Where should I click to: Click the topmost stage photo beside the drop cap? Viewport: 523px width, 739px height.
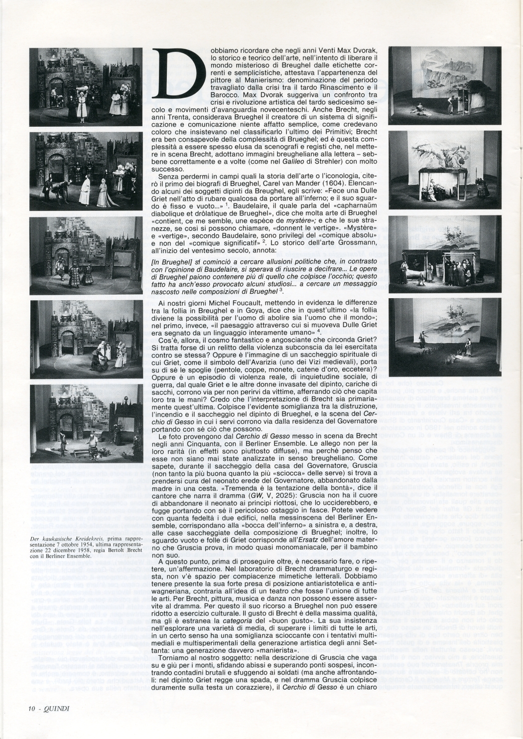(x=80, y=86)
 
